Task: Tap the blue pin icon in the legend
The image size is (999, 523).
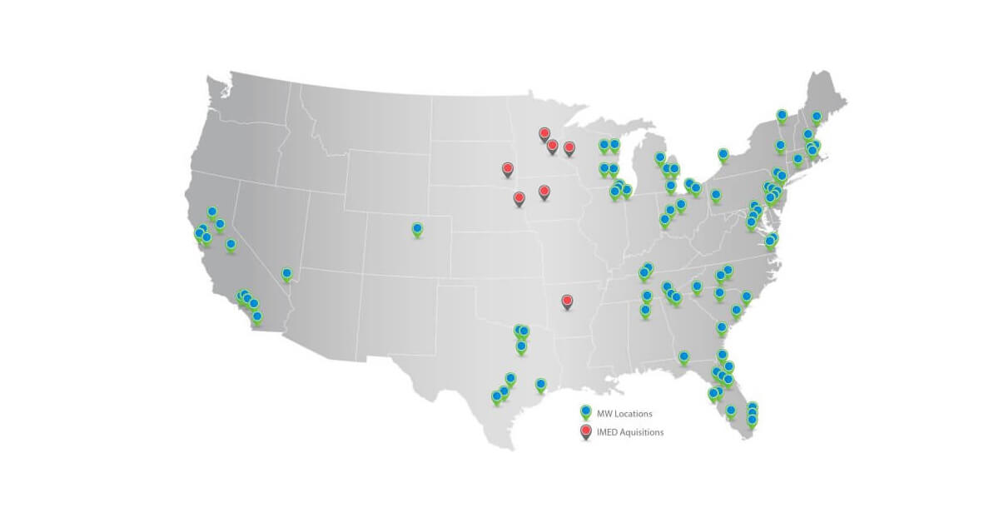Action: coord(585,412)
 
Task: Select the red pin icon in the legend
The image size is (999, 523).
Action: coord(585,431)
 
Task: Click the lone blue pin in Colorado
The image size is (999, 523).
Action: coord(417,228)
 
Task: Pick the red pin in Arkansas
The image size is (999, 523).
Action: coord(568,300)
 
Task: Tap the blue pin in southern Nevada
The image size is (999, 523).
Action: coord(286,273)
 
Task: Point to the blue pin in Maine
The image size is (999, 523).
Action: coord(816,117)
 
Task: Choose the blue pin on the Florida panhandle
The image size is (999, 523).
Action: coord(683,356)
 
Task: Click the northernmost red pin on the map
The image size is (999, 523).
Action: coord(544,132)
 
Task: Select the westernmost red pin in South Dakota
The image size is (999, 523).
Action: coord(508,168)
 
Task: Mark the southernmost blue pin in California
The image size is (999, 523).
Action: coord(256,316)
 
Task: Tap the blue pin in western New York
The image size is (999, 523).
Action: coord(723,154)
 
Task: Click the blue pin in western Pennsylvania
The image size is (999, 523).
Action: coord(715,195)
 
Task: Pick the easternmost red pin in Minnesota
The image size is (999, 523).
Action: coord(569,147)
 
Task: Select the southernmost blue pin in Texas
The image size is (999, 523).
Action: coord(496,396)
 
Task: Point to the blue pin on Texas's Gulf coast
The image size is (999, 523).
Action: coord(540,384)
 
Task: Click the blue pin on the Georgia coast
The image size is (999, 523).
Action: coord(721,327)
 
